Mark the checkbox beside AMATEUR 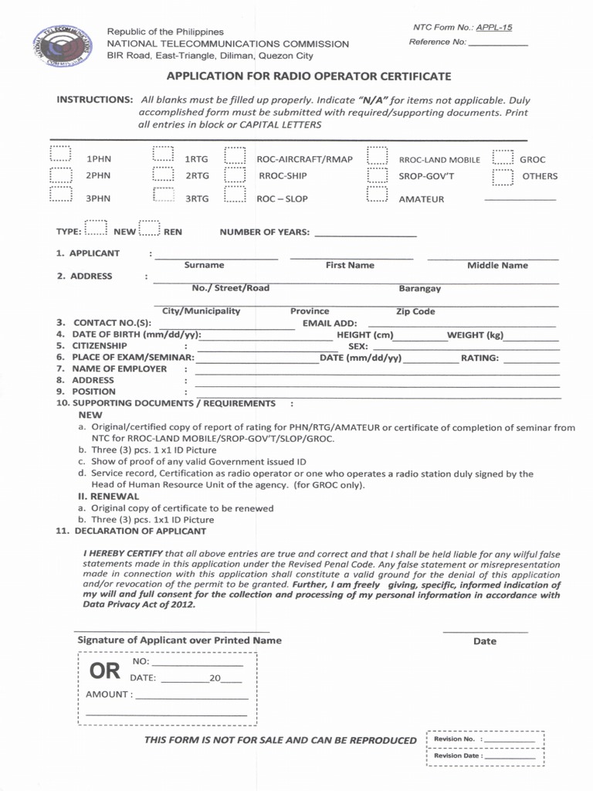(x=377, y=194)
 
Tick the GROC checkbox (x=503, y=158)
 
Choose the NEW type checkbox (x=96, y=229)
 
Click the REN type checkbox (x=149, y=229)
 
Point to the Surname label (x=204, y=265)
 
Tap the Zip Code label (x=415, y=311)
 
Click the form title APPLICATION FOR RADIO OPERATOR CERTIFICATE (x=309, y=77)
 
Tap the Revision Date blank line (x=510, y=759)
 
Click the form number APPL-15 (x=494, y=27)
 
